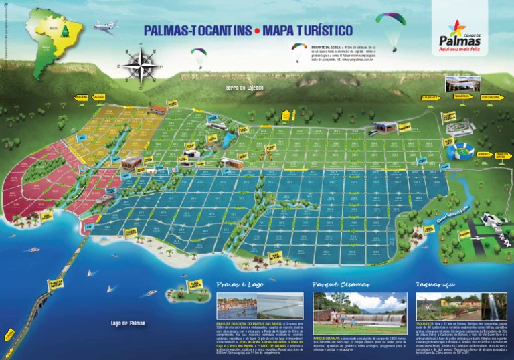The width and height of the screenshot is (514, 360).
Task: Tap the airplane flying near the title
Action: click(x=105, y=26)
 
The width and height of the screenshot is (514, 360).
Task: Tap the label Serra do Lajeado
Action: click(x=245, y=88)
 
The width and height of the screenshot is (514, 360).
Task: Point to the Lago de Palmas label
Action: click(x=128, y=323)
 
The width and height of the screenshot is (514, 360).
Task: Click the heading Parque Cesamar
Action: click(x=341, y=284)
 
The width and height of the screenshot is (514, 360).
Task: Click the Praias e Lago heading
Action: click(x=240, y=284)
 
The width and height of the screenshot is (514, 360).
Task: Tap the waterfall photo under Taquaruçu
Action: click(x=493, y=306)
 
